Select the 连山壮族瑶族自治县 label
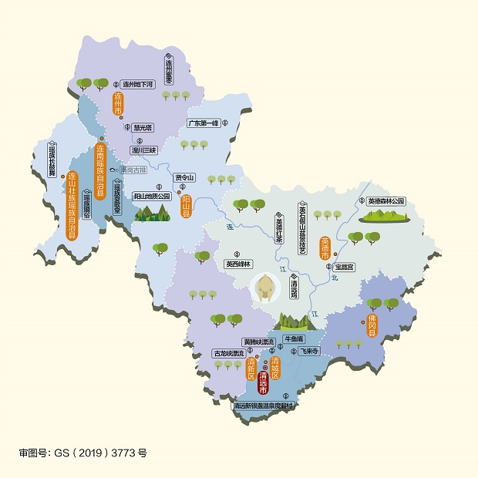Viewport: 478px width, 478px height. tap(72, 206)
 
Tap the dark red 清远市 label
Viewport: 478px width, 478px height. tap(263, 374)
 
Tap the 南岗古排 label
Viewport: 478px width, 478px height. tap(132, 170)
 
